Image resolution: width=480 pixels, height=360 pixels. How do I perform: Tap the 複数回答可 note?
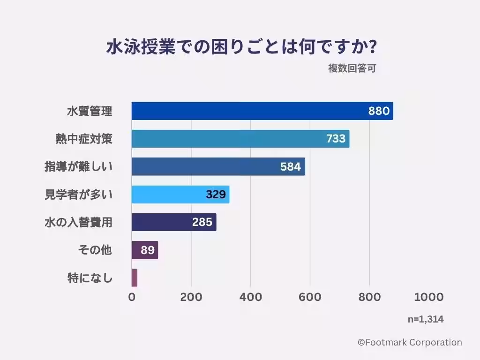point(352,68)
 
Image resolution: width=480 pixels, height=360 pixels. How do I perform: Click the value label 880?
point(379,111)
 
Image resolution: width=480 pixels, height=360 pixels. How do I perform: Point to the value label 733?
point(336,139)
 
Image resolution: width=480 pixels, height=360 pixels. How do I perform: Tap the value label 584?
point(291,166)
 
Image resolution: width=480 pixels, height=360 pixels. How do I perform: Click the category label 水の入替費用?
point(79,222)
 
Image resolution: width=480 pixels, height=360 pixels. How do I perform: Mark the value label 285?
point(202,222)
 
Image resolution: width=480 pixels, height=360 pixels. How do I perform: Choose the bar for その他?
point(145,250)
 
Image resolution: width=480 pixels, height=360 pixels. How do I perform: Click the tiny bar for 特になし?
point(135,277)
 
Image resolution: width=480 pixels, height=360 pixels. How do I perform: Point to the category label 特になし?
point(90,278)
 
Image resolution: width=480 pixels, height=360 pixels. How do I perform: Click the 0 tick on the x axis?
point(132,297)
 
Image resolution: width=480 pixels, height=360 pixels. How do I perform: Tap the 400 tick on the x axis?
point(250,297)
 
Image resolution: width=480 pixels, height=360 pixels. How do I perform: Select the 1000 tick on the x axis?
point(428,297)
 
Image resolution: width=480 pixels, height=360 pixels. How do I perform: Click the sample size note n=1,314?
point(425,319)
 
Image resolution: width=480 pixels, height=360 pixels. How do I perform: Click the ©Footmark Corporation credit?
point(410,343)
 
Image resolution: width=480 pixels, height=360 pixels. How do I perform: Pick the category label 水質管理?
point(90,112)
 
